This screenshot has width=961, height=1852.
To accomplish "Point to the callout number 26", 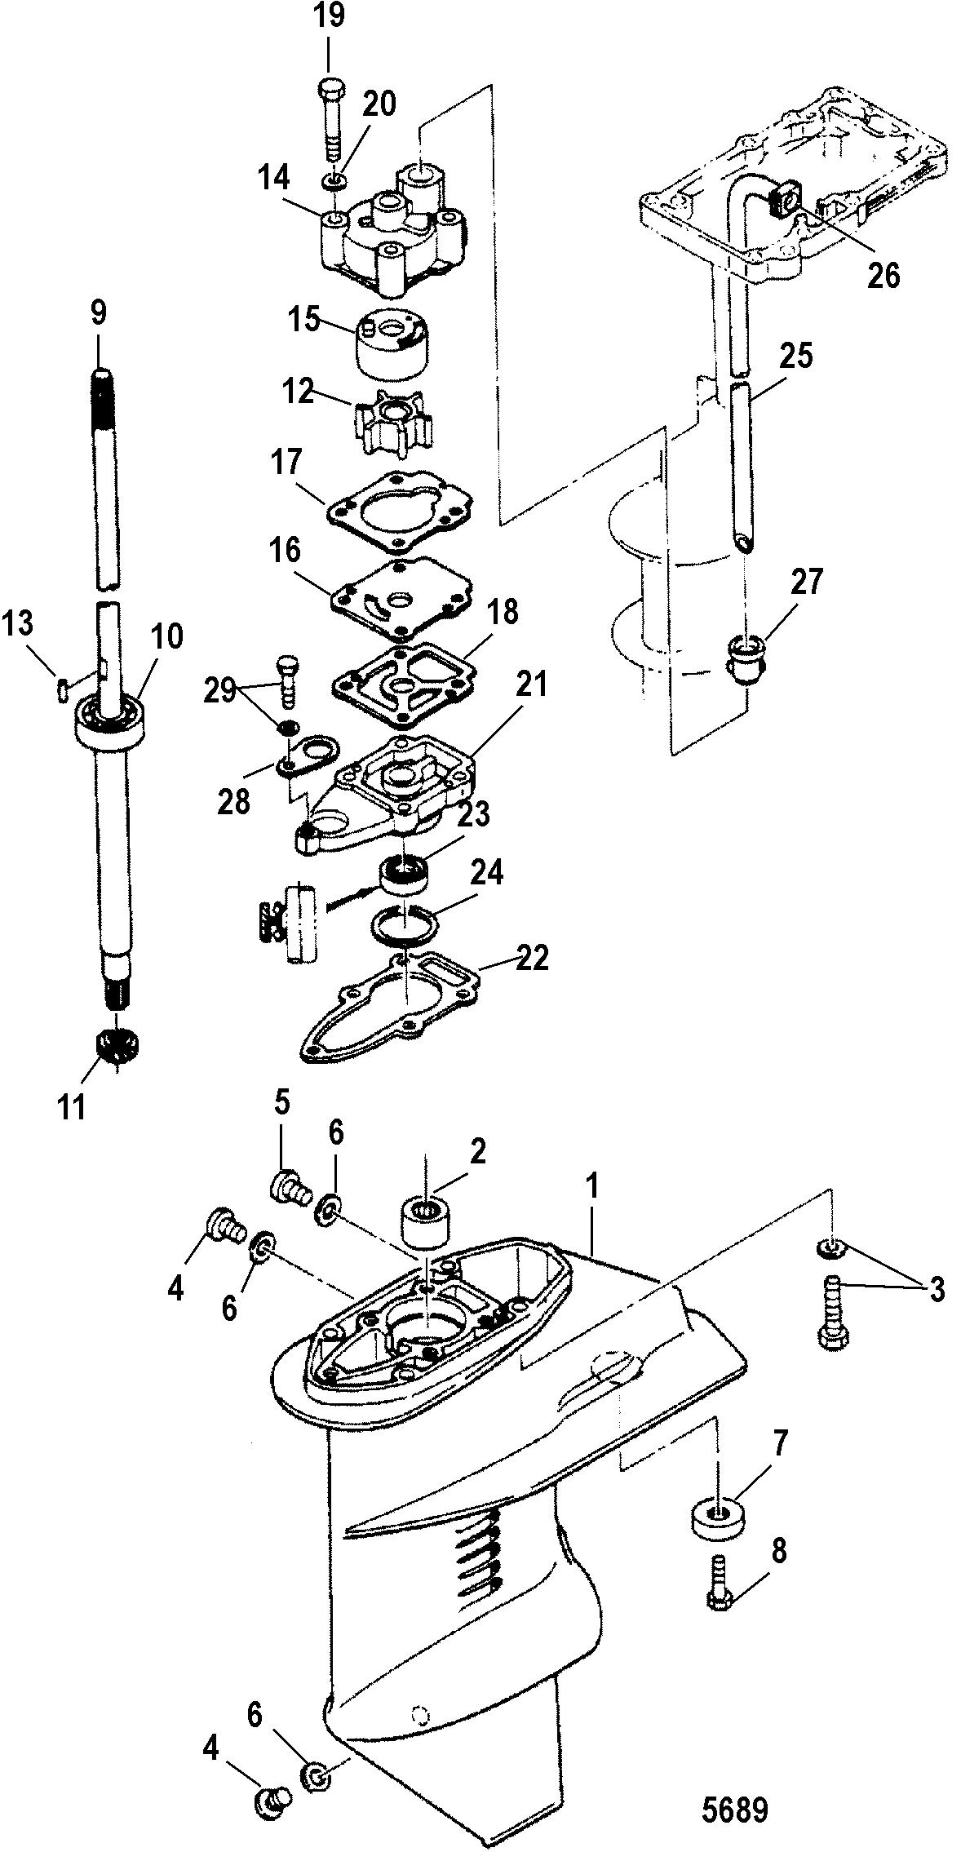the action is (883, 276).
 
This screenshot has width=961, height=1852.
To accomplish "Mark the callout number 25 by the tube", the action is (796, 357).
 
